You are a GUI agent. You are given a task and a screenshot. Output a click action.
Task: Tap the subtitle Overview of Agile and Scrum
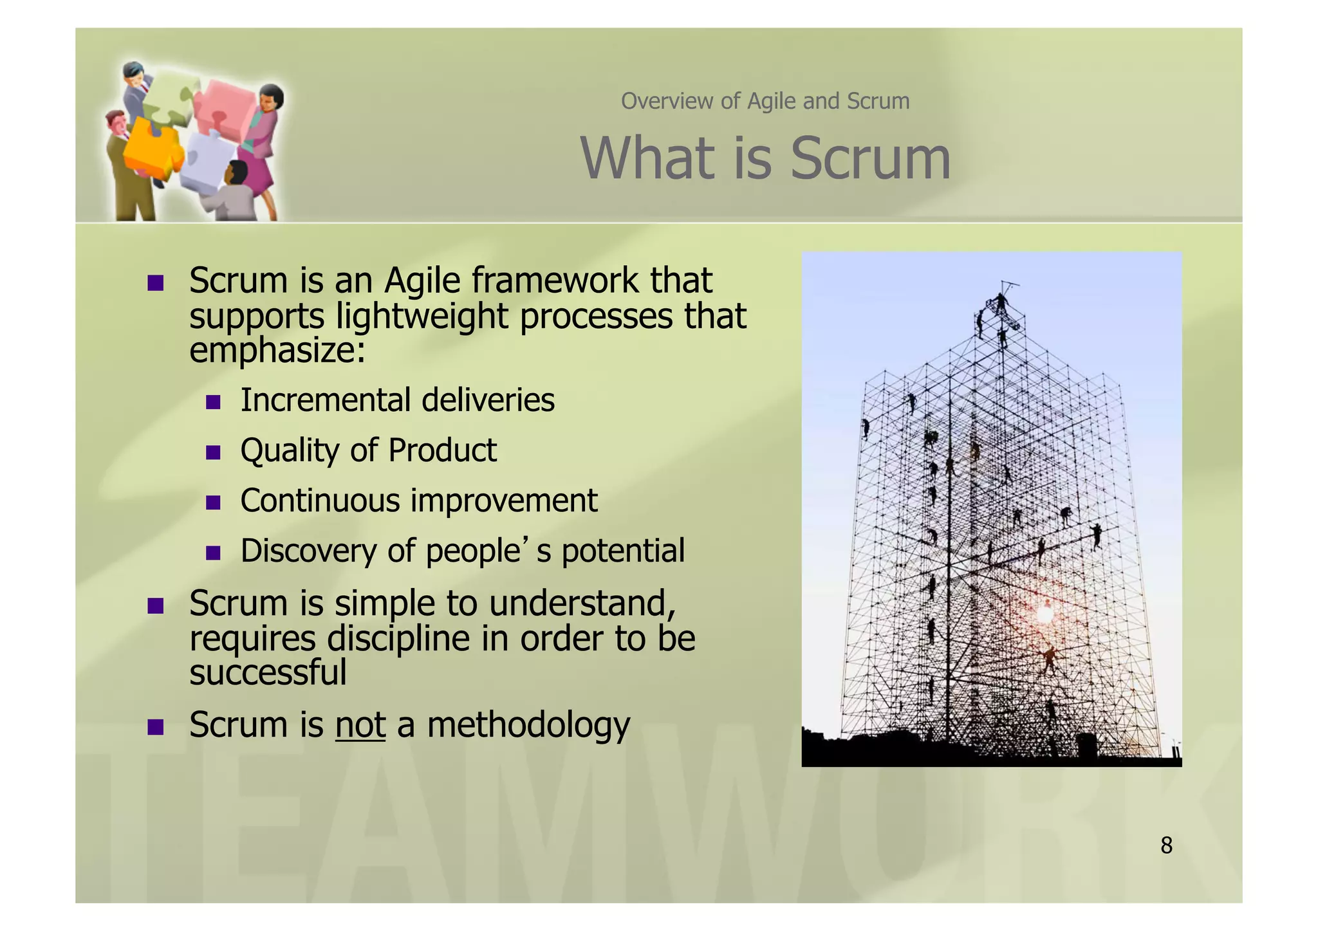click(765, 102)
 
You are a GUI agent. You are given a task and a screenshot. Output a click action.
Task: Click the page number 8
click(1166, 845)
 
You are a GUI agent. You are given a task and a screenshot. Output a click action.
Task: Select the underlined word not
click(360, 725)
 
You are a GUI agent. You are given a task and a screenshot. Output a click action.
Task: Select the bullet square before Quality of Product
click(214, 453)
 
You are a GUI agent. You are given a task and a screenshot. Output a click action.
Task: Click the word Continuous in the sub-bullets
click(320, 501)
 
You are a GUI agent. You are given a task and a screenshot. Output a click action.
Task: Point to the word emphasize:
click(277, 351)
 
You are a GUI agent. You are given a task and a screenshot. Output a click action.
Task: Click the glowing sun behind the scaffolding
click(1044, 615)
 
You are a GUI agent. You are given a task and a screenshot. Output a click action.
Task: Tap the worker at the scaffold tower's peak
click(1001, 302)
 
